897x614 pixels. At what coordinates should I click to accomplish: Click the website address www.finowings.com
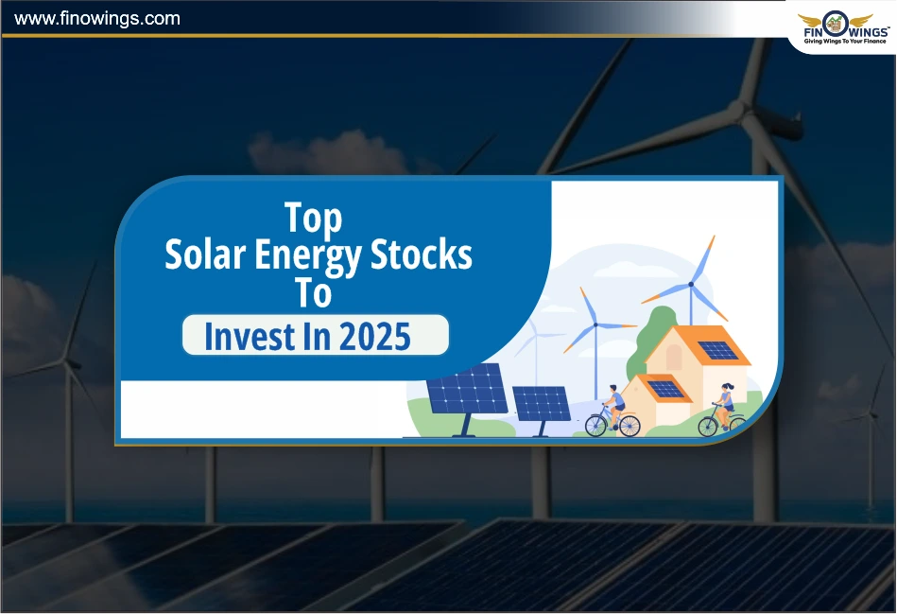97,18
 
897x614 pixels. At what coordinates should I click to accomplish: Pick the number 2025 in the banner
376,337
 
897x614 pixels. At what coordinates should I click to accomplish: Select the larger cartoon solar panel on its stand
467,389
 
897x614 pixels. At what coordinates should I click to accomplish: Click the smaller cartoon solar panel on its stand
542,403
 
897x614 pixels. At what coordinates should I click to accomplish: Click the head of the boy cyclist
612,389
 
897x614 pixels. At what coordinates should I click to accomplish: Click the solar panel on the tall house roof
719,350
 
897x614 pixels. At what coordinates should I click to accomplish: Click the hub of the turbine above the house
691,283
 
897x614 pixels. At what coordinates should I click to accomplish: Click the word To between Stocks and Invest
313,294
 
